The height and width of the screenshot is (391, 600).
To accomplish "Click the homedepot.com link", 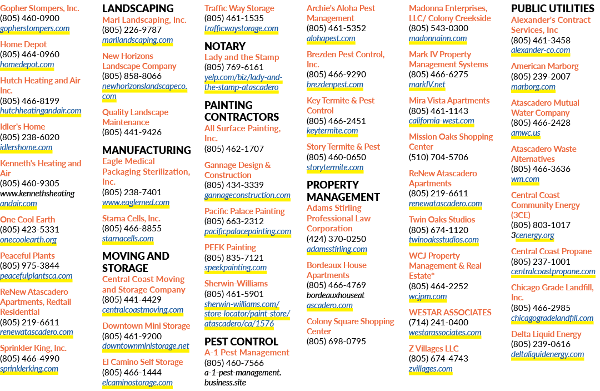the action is pos(27,65).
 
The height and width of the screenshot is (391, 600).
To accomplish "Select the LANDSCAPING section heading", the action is pos(138,8).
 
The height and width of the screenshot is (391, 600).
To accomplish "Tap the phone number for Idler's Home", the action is pos(30,137).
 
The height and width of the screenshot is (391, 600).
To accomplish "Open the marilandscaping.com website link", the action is pos(137,40).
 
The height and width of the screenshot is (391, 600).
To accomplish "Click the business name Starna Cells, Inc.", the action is pos(131,218).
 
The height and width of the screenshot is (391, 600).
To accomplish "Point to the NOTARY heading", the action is pos(225,46).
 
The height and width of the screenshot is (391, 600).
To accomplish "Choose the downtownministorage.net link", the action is pos(146,346).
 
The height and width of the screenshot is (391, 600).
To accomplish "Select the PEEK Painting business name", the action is pos(230,248).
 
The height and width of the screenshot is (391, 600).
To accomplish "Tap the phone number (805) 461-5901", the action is pos(234,294).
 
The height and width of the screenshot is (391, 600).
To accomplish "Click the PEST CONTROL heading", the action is pos(241,341).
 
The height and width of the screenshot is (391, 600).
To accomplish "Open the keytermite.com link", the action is pos(332,131).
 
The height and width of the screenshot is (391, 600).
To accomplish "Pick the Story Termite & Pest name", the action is pos(343,147).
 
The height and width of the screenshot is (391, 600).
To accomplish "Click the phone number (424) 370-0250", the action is pos(336,239).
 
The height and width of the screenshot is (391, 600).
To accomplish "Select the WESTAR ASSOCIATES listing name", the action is pos(450,313).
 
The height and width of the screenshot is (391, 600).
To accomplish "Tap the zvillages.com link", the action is pos(431,369).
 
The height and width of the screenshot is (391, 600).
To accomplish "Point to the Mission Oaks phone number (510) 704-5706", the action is pos(438,157).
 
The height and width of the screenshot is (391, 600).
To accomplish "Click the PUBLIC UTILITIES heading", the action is pos(553,8).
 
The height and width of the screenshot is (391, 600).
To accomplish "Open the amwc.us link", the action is pos(526,133).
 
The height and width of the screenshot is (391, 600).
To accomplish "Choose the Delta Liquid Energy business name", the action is pos(546,334).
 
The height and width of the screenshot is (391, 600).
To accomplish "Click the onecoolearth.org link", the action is pos(28,240).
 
